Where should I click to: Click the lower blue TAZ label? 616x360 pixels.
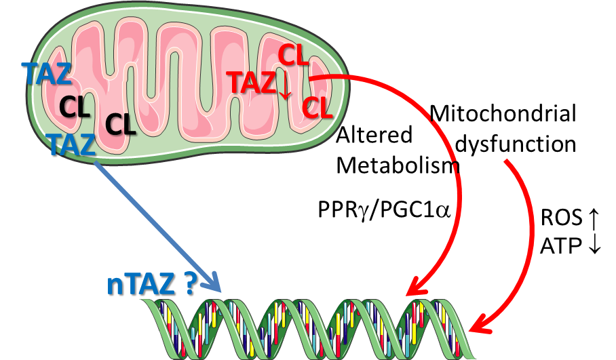click(72, 144)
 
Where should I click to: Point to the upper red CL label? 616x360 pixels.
click(293, 56)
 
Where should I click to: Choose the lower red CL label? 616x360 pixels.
click(317, 108)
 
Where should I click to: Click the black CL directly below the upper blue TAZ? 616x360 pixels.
click(75, 107)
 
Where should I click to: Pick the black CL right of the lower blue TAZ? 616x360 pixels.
click(120, 125)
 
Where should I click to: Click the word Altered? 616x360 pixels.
click(374, 135)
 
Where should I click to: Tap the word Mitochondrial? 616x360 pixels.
click(503, 113)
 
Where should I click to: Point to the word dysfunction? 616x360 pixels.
click(516, 144)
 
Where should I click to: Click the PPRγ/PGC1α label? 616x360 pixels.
click(383, 210)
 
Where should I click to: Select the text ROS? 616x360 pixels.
click(562, 218)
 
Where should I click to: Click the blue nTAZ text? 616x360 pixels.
click(140, 284)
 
